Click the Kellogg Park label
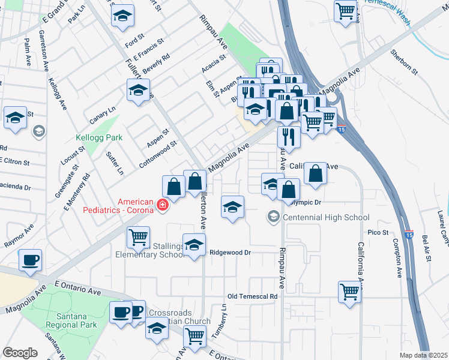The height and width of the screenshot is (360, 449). [x=99, y=137]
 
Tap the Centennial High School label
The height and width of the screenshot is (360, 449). [x=326, y=217]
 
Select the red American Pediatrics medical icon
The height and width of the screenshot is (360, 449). [x=162, y=206]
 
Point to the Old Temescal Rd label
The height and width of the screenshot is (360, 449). [x=253, y=296]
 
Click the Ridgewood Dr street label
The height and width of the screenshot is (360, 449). [x=230, y=253]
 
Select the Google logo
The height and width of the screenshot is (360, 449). [x=20, y=353]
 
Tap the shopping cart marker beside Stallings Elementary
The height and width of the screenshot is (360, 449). [x=138, y=237]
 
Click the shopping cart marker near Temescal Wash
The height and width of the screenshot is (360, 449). [x=345, y=11]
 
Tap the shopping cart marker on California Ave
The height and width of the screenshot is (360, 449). [x=349, y=291]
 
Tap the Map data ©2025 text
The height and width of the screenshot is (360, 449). [x=423, y=355]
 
